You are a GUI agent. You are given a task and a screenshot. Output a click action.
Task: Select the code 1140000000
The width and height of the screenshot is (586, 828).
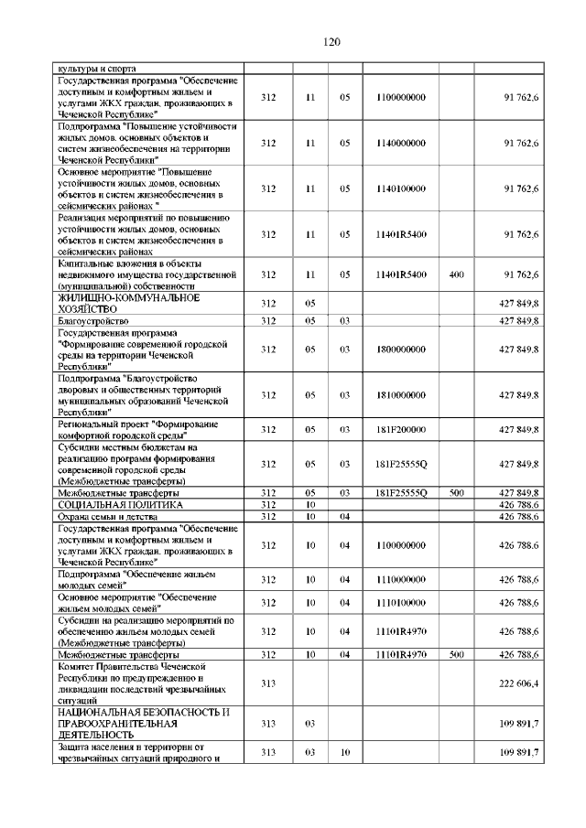(401, 143)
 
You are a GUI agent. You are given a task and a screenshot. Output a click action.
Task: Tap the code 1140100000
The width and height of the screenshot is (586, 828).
(401, 188)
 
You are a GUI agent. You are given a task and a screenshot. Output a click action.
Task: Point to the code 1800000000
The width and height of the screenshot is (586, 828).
(401, 349)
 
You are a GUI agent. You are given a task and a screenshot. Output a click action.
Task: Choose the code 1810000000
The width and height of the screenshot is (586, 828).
(401, 394)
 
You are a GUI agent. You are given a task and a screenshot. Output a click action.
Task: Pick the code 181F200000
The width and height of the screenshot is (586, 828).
(401, 429)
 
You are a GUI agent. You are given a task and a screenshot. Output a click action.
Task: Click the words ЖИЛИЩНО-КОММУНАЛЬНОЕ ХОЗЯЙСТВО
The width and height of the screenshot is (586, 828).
(129, 304)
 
